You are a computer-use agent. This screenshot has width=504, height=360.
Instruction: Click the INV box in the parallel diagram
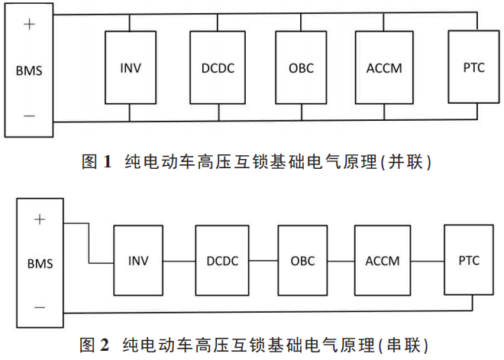coord(131,67)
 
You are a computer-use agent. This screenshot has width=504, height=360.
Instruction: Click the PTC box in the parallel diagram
coord(473,67)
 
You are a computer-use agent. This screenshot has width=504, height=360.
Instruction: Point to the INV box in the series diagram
coord(140,261)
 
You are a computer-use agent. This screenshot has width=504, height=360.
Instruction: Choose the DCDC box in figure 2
coord(222,261)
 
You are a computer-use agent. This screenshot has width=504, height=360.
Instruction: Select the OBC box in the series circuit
coord(302,261)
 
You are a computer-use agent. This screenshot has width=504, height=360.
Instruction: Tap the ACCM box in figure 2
coord(383,261)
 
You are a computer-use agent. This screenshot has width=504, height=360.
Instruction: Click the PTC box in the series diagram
coord(470,261)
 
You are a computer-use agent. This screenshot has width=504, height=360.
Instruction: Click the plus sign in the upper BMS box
coord(29,24)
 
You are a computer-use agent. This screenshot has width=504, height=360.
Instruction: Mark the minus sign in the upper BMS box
coord(29,115)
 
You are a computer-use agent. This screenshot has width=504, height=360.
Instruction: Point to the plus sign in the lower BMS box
coord(39,219)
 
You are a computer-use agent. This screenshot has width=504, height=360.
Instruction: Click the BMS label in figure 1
coord(29,71)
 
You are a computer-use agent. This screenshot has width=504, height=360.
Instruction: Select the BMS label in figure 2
coord(39,264)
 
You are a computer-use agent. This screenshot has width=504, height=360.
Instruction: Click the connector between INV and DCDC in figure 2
coord(180,261)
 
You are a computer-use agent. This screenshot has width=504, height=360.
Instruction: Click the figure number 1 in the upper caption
coord(108,161)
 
